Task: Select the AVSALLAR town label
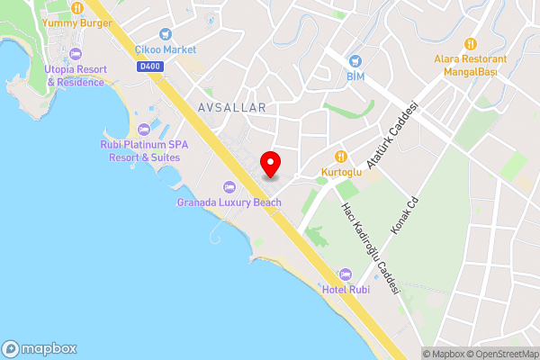[229, 107]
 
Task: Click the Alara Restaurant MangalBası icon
[470, 43]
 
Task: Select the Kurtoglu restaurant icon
[341, 156]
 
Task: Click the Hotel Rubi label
[346, 289]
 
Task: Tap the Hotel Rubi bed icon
[346, 274]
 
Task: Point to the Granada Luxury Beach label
[229, 202]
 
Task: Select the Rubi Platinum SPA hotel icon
[139, 129]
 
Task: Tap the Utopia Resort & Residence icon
[76, 54]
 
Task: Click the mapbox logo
[40, 348]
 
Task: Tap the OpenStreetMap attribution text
[500, 354]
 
